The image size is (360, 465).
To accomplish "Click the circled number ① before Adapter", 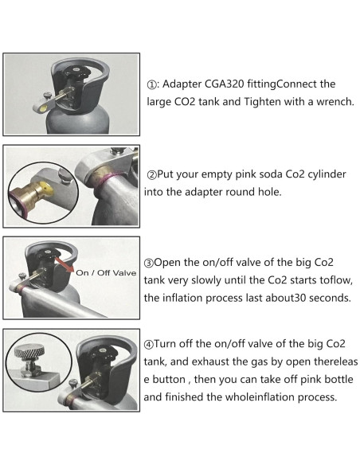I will click(153, 84).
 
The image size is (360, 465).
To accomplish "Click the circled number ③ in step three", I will click(151, 264).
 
